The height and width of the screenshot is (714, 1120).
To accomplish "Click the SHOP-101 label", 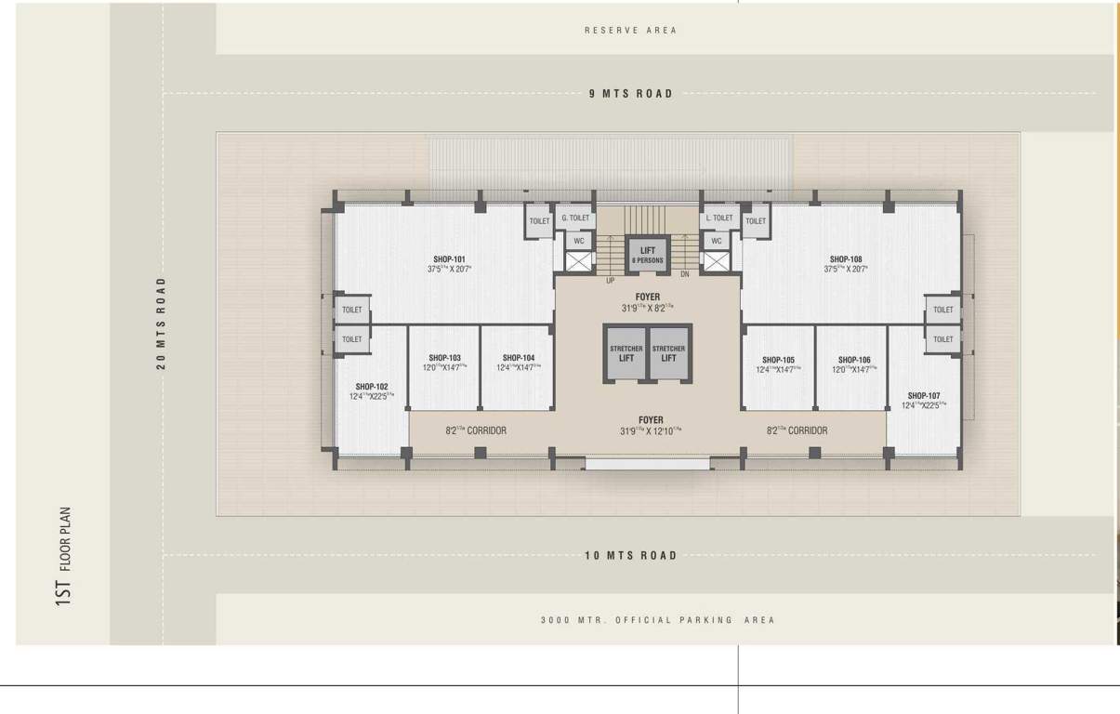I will tap(449, 259).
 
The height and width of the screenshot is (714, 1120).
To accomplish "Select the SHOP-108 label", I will tap(846, 259).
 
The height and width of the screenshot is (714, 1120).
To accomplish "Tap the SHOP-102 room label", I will tap(371, 387).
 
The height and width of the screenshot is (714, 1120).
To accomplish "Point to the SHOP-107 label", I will tap(923, 396).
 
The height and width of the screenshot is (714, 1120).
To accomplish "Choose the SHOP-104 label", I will tap(518, 358).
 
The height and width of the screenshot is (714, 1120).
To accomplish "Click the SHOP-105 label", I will tap(778, 360).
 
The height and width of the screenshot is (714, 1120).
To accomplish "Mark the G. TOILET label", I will tap(574, 218).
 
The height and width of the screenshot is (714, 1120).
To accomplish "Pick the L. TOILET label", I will tap(718, 218).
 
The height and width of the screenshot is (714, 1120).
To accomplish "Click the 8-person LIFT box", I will tap(648, 255).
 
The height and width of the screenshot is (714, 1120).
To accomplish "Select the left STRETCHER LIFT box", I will tap(626, 353).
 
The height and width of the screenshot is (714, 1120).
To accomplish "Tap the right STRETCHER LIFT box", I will tap(668, 353).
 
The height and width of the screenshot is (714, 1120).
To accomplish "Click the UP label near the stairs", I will tap(610, 280).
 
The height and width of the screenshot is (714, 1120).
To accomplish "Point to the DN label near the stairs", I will tap(685, 274).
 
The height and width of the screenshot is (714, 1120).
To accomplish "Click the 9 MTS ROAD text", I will tap(630, 94).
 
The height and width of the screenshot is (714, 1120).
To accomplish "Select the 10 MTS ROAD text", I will tap(630, 556).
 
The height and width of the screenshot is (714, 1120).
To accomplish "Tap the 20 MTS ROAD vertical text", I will tap(161, 323).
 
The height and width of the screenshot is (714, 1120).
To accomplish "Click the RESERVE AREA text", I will tap(630, 31).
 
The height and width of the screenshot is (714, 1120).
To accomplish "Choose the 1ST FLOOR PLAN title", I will tap(63, 556).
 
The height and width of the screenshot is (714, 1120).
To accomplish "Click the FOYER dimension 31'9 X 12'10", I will tap(651, 431).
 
